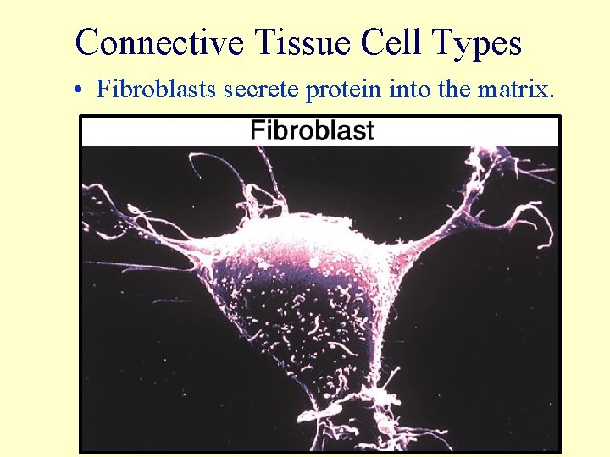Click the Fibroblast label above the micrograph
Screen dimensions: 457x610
312,131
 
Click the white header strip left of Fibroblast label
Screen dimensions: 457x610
161,131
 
